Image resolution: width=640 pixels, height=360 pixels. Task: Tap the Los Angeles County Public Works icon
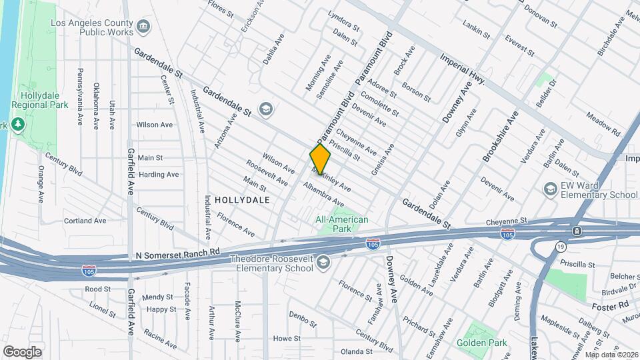143,27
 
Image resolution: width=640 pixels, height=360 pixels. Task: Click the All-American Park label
342,224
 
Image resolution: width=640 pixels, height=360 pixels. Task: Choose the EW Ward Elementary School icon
550,189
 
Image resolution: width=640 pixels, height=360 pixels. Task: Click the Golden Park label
481,343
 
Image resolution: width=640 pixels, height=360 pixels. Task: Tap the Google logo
22,351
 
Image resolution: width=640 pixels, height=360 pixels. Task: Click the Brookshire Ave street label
500,137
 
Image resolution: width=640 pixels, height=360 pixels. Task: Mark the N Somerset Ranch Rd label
177,253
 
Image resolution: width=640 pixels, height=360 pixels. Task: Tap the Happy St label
161,309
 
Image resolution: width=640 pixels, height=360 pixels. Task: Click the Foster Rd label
610,305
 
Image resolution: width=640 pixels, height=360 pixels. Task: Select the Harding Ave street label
159,175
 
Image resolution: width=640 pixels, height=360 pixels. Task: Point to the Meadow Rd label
603,125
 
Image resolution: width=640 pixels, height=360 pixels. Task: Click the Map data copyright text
609,355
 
